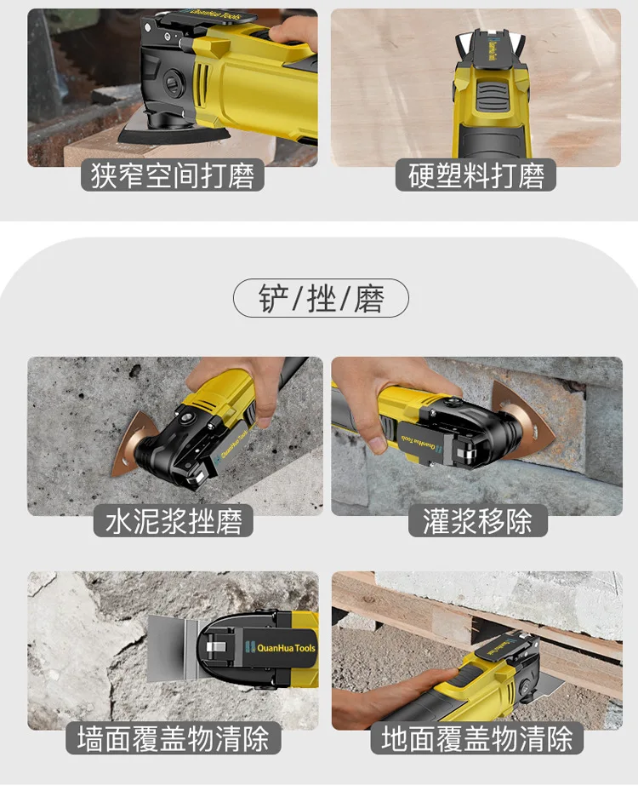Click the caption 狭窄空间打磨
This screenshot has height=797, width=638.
173,176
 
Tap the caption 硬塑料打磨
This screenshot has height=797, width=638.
476,176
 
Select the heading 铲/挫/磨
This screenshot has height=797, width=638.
321,299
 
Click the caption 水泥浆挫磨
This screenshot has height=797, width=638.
174,521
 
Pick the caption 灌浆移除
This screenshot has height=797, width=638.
476,521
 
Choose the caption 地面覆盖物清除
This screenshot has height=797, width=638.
476,737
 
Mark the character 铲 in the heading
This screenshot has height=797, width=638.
270,299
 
